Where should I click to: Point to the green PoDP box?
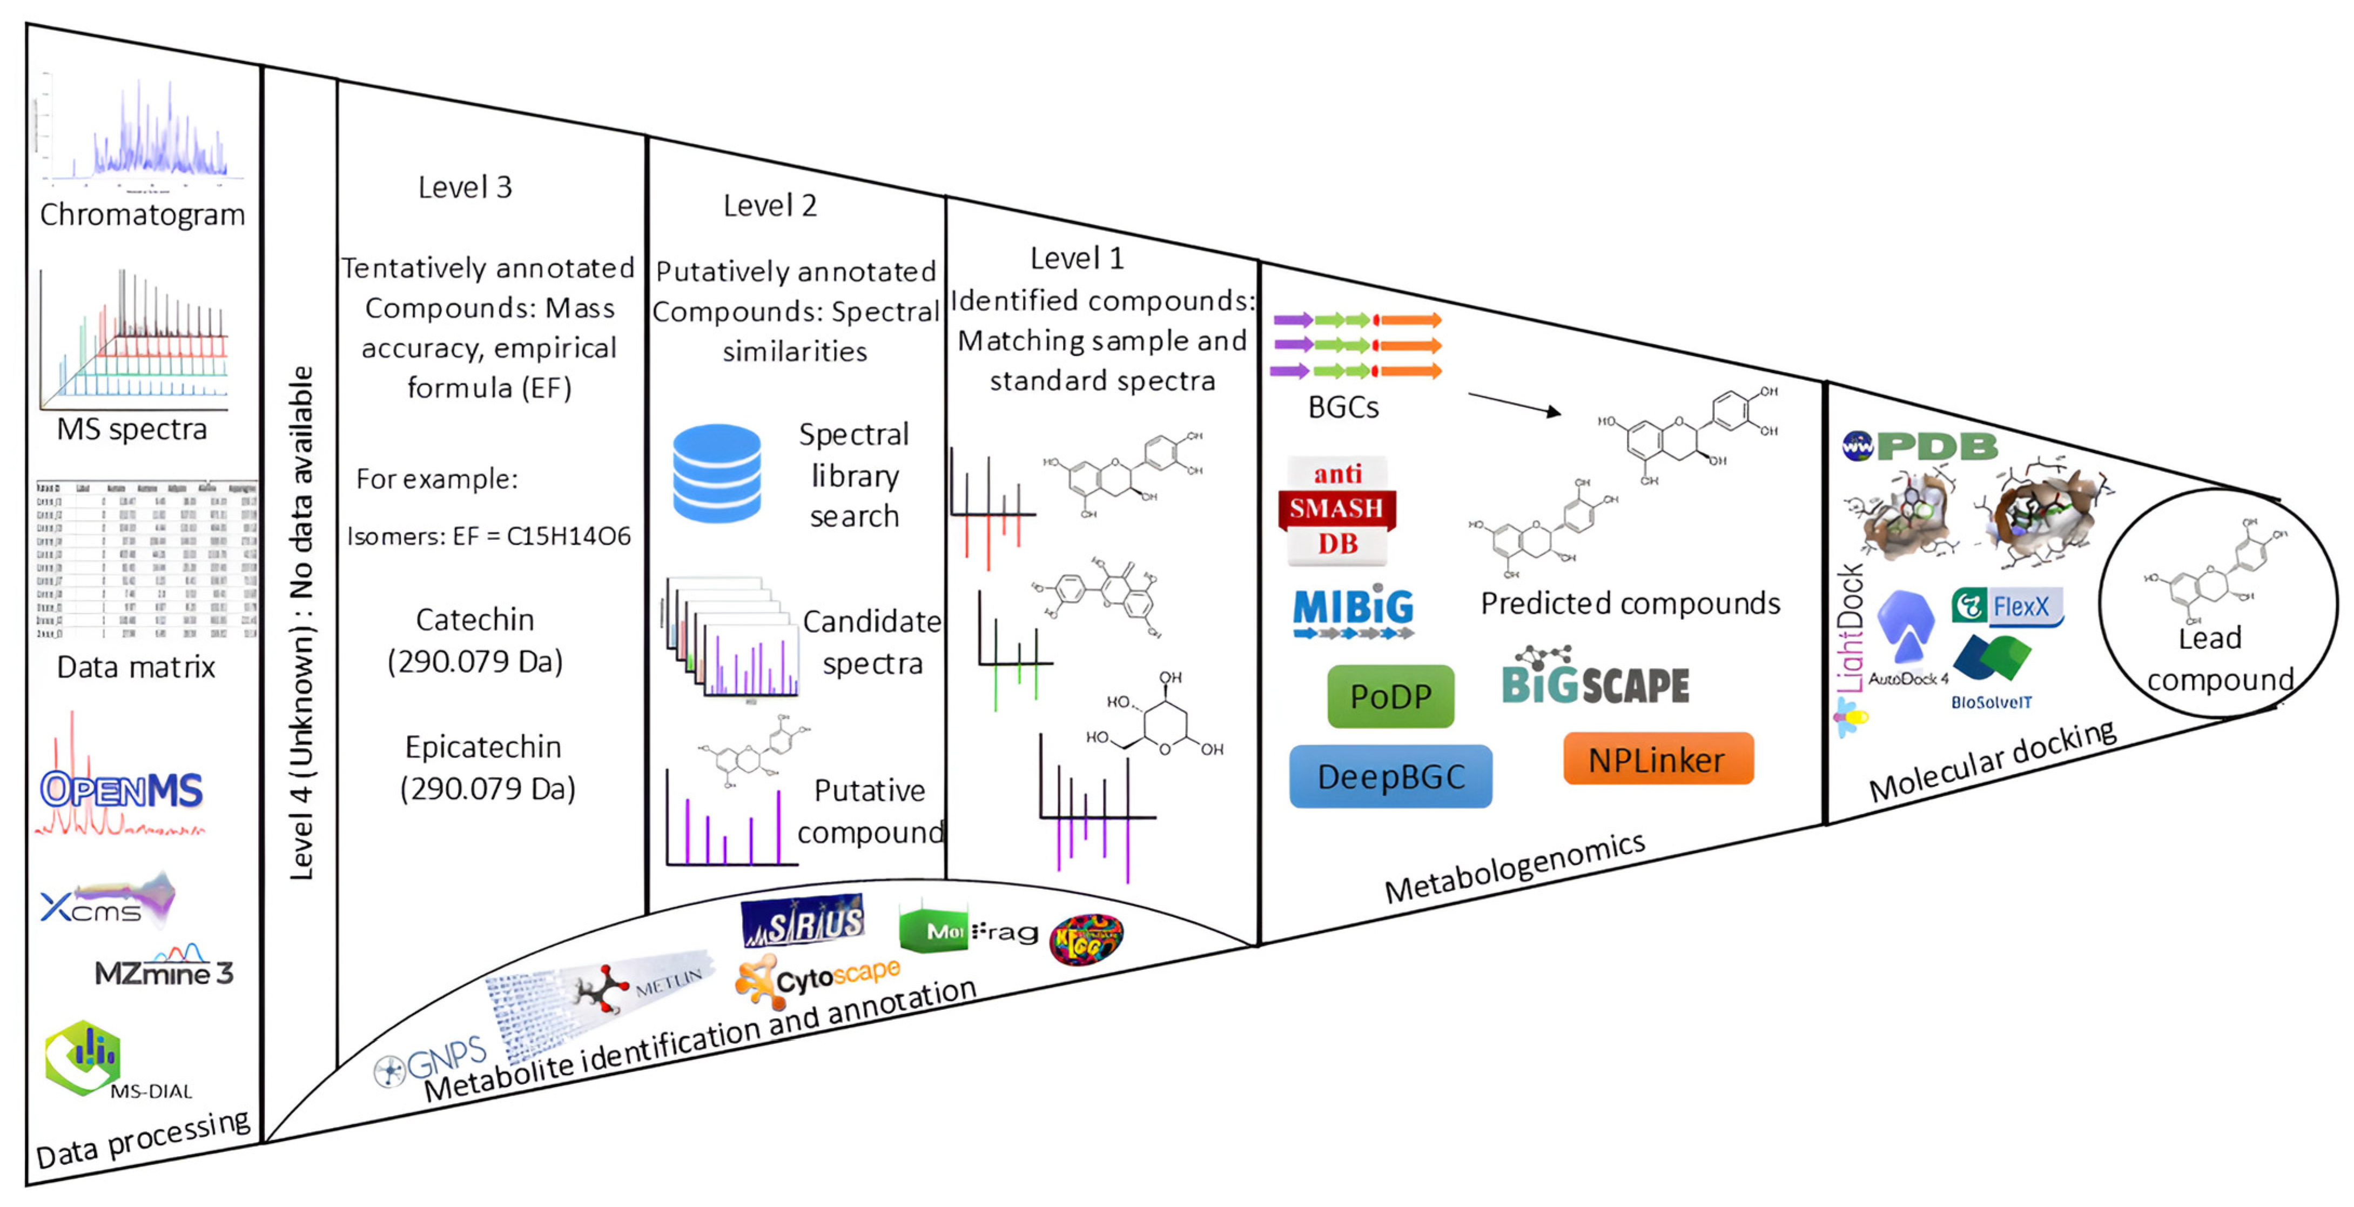point(1390,696)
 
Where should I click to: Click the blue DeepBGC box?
point(1390,776)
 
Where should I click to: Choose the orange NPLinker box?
point(1658,759)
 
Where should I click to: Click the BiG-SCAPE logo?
point(1596,681)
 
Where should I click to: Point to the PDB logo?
point(1920,446)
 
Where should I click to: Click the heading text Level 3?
point(465,187)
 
